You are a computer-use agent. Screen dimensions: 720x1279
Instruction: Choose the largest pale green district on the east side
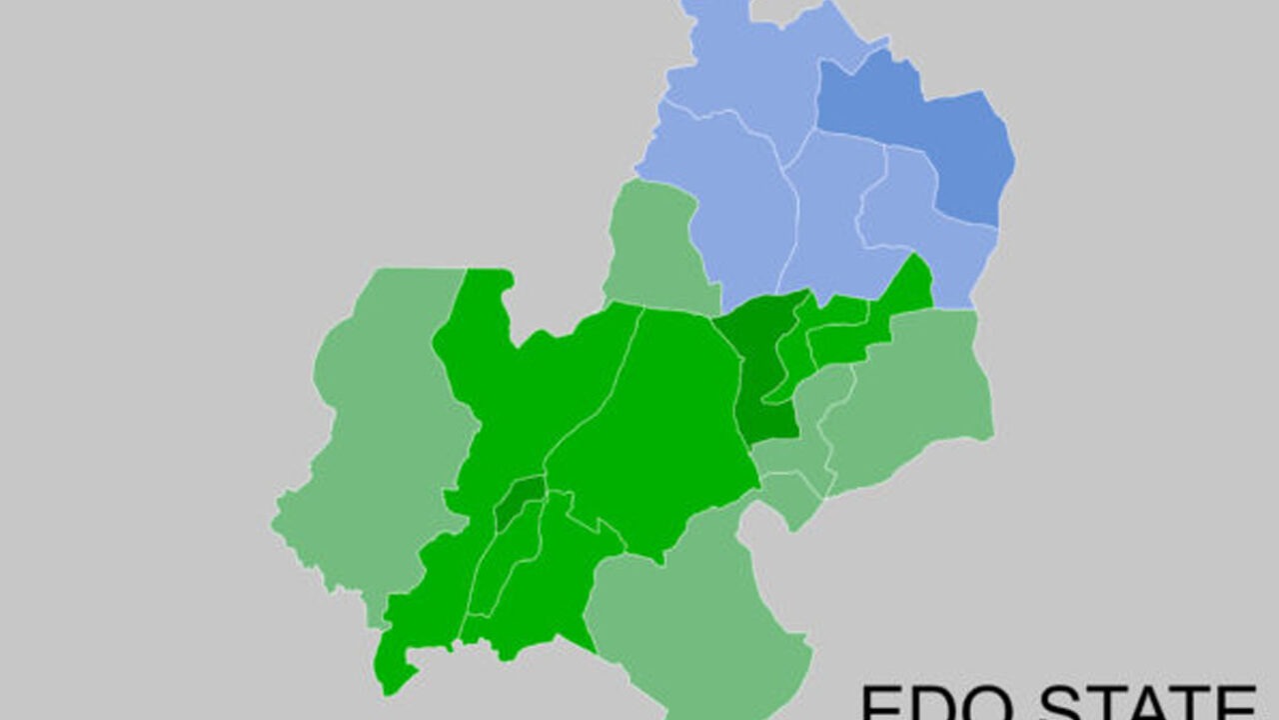[909, 390]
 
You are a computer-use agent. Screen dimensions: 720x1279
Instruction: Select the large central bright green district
[659, 420]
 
